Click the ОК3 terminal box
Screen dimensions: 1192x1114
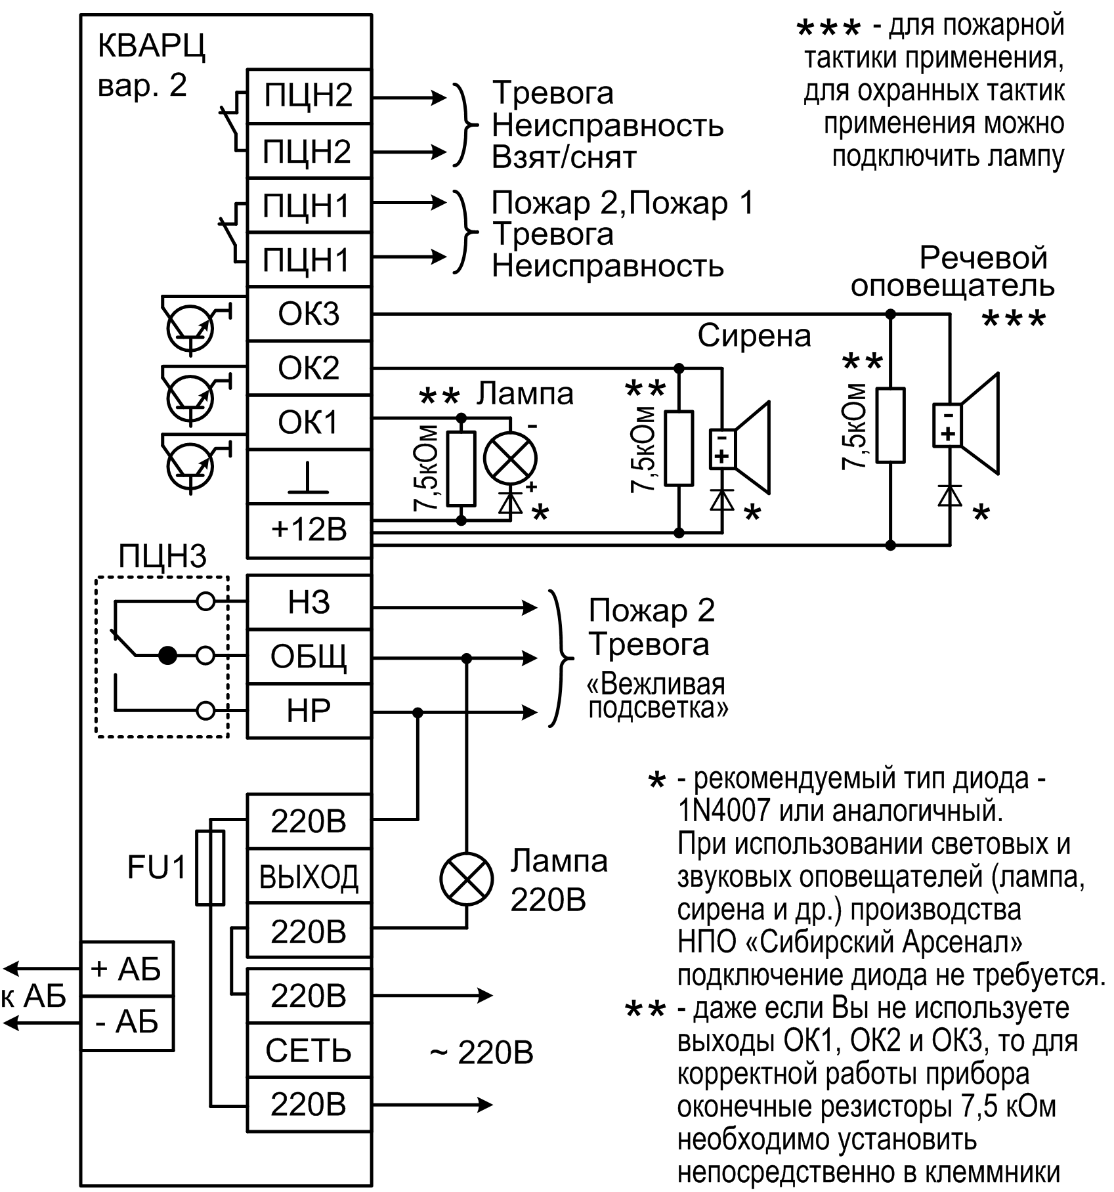click(x=309, y=314)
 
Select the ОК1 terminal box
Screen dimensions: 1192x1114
click(x=309, y=423)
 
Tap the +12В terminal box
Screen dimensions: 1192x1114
click(x=309, y=530)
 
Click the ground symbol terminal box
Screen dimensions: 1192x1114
click(x=309, y=477)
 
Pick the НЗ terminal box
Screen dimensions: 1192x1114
click(x=309, y=603)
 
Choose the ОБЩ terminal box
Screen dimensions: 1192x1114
click(x=309, y=656)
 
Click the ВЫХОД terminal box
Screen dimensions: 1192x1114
click(x=309, y=876)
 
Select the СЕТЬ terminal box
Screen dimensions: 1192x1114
click(x=309, y=1051)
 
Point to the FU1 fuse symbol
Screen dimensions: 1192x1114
click(x=210, y=867)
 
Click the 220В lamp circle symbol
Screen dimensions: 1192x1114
click(x=467, y=880)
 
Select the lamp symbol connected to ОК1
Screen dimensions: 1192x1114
click(x=510, y=458)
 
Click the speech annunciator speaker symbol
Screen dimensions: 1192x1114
click(x=968, y=423)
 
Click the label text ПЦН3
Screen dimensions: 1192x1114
click(x=162, y=557)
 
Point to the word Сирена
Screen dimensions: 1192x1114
click(x=754, y=337)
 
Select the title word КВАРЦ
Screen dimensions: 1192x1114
click(x=151, y=48)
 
